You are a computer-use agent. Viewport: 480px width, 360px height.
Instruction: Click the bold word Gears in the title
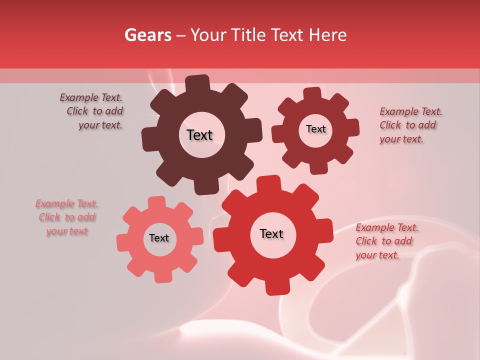(147, 35)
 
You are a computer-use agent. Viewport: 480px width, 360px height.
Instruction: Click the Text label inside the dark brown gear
(199, 135)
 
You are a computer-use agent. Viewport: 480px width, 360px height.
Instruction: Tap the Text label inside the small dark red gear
(315, 129)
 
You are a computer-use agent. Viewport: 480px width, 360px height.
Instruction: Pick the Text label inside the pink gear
(159, 238)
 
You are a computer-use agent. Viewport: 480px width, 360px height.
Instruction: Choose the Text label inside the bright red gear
(271, 234)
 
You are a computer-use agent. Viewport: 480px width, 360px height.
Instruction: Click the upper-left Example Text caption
(92, 111)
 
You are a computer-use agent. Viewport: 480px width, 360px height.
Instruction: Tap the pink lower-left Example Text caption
(67, 217)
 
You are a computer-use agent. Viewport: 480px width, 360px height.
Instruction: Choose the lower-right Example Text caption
(386, 241)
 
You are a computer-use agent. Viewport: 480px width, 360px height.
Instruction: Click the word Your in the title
(208, 35)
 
